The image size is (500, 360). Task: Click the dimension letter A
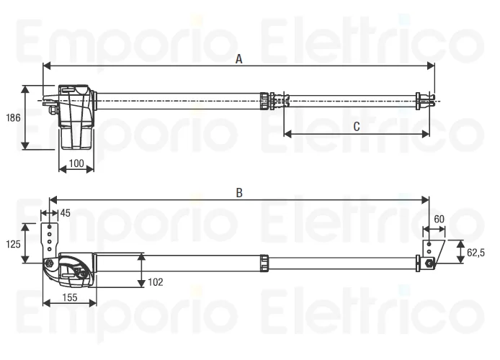coord(239,59)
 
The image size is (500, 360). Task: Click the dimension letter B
coord(239,193)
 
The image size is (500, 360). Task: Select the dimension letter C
coord(357,127)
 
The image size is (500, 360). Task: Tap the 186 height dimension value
coord(13,118)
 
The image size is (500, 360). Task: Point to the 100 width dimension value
coord(76,163)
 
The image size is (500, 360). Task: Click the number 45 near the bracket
coord(66,213)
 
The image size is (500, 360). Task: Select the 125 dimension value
coord(13,244)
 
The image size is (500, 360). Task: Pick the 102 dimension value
coord(156,282)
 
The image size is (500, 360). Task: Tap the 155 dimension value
coord(70,297)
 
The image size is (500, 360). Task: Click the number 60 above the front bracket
coord(439,219)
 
